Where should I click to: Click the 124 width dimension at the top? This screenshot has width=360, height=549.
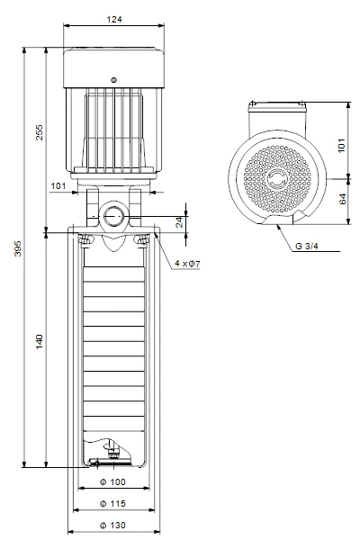pyautogui.click(x=114, y=19)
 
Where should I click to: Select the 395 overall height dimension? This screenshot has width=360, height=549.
pyautogui.click(x=17, y=247)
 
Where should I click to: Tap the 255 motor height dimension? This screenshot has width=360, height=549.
pyautogui.click(x=40, y=132)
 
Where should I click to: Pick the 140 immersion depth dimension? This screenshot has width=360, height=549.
pyautogui.click(x=40, y=341)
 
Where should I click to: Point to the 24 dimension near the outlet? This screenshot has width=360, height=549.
pyautogui.click(x=179, y=222)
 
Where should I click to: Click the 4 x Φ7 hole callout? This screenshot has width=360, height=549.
pyautogui.click(x=187, y=264)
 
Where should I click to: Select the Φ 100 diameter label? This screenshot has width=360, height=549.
pyautogui.click(x=112, y=481)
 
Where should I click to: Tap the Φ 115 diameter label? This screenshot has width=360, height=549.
pyautogui.click(x=112, y=503)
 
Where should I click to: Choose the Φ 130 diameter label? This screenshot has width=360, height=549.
pyautogui.click(x=112, y=526)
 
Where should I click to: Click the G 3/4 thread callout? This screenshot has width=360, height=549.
pyautogui.click(x=307, y=246)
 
